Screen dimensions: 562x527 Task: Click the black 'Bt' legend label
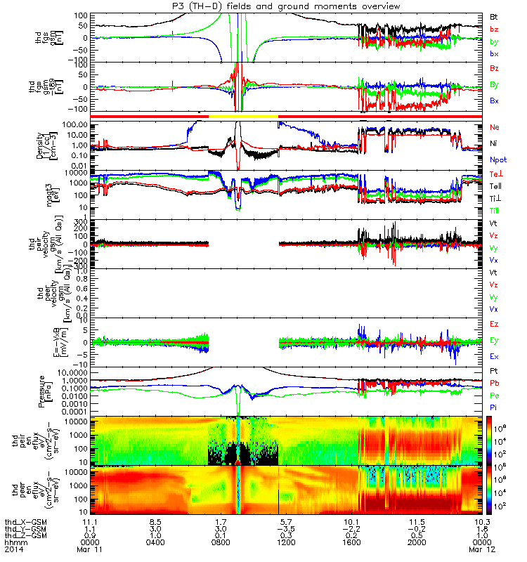pyautogui.click(x=495, y=15)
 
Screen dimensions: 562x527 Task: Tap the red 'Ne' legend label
pyautogui.click(x=495, y=126)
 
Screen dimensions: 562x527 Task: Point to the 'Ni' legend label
pyautogui.click(x=494, y=143)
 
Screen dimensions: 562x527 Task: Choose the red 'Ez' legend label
pyautogui.click(x=495, y=324)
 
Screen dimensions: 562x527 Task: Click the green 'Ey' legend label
pyautogui.click(x=495, y=341)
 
